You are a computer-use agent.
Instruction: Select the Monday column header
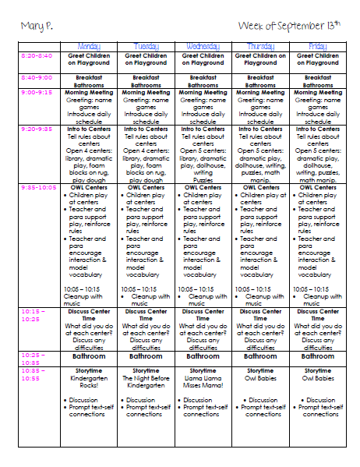[x=89, y=46]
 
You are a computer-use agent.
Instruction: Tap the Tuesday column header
[x=146, y=46]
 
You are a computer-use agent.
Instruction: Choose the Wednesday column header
[x=203, y=46]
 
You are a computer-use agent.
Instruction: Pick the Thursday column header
[x=261, y=46]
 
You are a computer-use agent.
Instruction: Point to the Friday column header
[x=318, y=46]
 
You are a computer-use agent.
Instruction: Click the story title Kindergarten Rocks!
[x=89, y=380]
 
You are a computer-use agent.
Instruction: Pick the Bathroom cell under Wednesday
[x=203, y=356]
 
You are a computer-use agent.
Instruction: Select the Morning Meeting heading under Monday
[x=89, y=92]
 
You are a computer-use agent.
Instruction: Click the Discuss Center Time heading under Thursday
[x=261, y=314]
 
